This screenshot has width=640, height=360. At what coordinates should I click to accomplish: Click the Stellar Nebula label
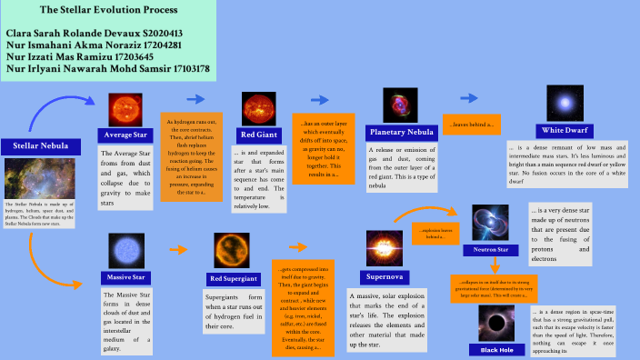click(x=39, y=145)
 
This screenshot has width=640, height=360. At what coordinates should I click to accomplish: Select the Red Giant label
click(x=259, y=134)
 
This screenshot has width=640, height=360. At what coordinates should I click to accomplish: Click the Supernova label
click(x=385, y=275)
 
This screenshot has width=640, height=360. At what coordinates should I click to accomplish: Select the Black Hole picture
click(x=495, y=323)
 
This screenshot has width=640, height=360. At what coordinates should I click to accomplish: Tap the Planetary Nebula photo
click(x=400, y=105)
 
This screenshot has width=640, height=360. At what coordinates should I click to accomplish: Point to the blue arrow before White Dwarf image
click(x=470, y=97)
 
